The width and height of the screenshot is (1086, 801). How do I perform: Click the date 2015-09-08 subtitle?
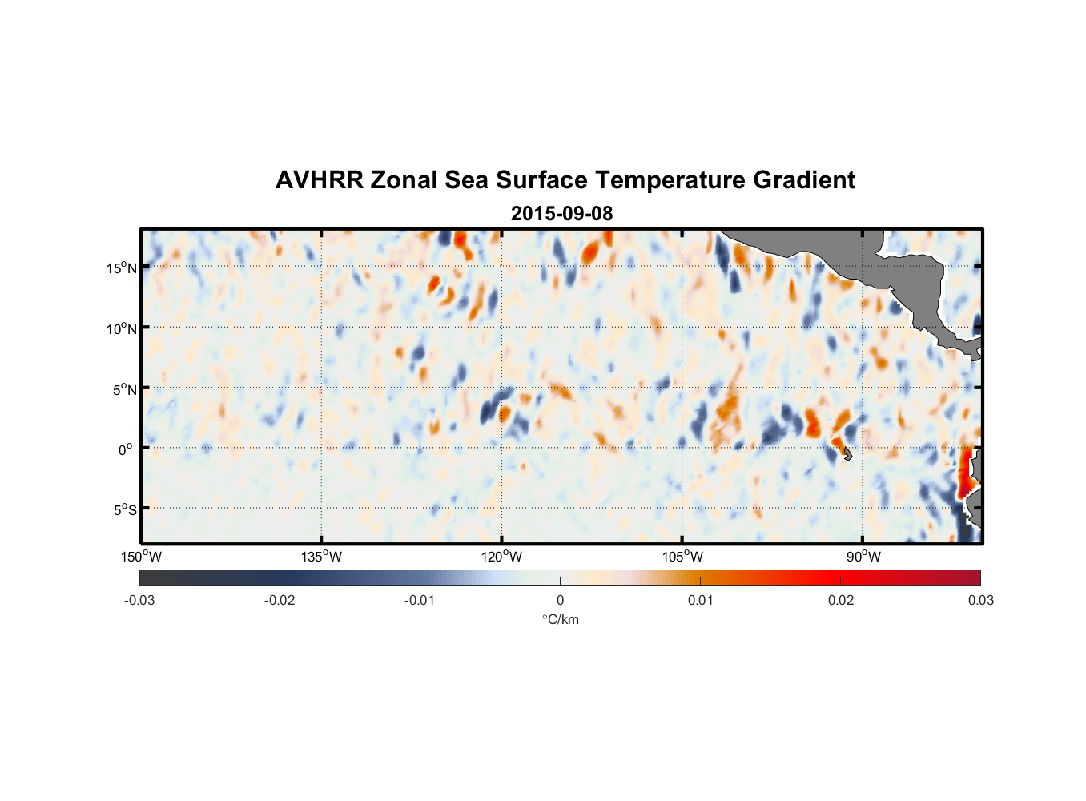(x=561, y=214)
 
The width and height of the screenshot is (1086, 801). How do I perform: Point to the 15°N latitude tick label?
(x=122, y=268)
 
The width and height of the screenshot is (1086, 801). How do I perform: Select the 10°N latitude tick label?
(x=122, y=328)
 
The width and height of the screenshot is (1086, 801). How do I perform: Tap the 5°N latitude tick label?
(x=124, y=389)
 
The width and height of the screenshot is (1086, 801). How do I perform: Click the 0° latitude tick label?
(x=125, y=449)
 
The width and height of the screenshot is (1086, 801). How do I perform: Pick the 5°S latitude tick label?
(x=124, y=510)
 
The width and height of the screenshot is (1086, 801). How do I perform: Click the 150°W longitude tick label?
(x=141, y=557)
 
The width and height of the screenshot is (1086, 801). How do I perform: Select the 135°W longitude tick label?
(x=321, y=557)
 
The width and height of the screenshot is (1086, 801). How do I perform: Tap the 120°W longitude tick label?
(x=501, y=557)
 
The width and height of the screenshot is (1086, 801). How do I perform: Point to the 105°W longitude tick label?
(x=682, y=557)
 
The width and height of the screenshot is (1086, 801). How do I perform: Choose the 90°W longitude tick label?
(x=863, y=557)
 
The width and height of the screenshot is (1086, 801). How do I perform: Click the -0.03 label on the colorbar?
(x=139, y=600)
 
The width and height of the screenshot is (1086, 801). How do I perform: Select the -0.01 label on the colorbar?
(x=420, y=600)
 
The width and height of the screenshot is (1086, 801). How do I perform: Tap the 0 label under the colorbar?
(x=560, y=600)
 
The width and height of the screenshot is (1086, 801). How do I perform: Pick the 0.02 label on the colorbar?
(x=841, y=600)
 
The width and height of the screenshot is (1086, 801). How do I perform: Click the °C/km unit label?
(x=560, y=619)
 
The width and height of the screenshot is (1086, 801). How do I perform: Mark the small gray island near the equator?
(x=847, y=453)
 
